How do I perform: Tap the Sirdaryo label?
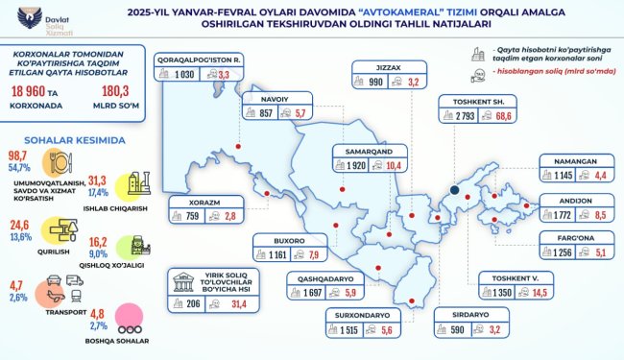[460, 314]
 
